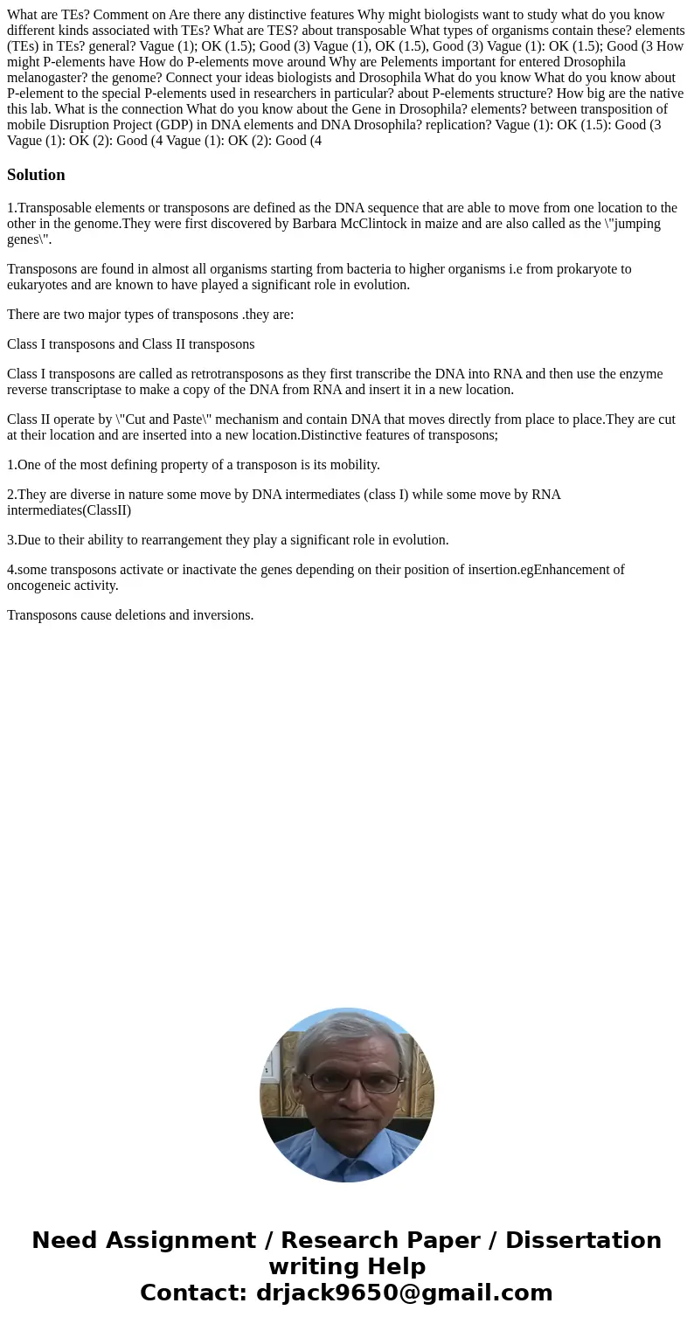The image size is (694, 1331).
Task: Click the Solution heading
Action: (36, 175)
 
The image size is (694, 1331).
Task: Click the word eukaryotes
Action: (38, 285)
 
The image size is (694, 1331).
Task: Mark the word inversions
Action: (225, 615)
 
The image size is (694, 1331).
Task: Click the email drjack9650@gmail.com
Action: (404, 1293)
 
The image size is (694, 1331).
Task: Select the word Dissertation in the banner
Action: (583, 1240)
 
